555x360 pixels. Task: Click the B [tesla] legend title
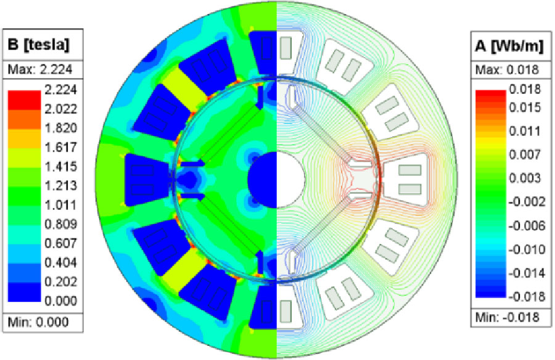click(x=39, y=45)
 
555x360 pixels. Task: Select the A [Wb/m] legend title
click(x=509, y=46)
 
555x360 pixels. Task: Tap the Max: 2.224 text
click(x=40, y=70)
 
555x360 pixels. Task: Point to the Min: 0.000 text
click(x=38, y=322)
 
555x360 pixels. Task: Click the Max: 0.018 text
click(x=508, y=70)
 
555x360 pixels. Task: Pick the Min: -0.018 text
click(x=508, y=317)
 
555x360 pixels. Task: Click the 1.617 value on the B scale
click(x=60, y=147)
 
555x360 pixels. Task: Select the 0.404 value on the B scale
click(x=60, y=263)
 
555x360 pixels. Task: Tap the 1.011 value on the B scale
click(x=60, y=205)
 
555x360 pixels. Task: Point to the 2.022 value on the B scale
click(x=60, y=108)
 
